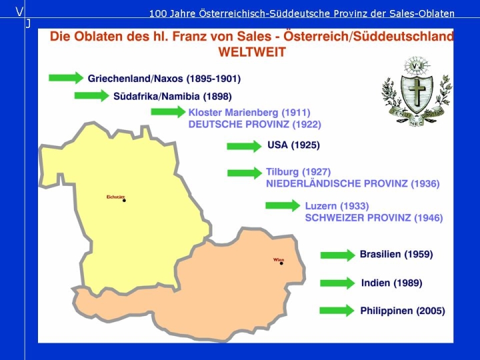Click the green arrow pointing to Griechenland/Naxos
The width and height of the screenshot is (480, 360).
tap(66, 78)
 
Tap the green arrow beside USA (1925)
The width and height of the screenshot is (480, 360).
tap(244, 146)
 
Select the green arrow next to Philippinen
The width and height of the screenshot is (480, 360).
tap(337, 311)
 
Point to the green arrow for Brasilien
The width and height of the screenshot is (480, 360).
tap(338, 255)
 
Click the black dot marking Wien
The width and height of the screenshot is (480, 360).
tap(281, 263)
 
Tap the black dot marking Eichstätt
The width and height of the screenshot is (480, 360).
tap(124, 201)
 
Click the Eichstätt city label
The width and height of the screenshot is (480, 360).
tap(116, 197)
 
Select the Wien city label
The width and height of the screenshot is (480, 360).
tap(279, 260)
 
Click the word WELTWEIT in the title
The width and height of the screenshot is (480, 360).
tap(252, 52)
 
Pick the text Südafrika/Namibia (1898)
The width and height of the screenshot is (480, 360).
tap(173, 97)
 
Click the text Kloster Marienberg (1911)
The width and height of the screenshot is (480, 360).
tap(249, 113)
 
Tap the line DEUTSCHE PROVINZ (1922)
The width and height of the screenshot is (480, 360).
tap(255, 124)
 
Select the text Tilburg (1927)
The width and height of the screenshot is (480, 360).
tap(298, 172)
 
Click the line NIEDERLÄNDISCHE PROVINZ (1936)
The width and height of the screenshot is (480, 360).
tap(353, 184)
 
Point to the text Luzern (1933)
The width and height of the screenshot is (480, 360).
tap(337, 206)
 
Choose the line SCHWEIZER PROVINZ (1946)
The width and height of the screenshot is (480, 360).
tap(374, 218)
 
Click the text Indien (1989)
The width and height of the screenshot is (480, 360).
tap(391, 283)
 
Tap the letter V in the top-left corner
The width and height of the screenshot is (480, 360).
tap(19, 12)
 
